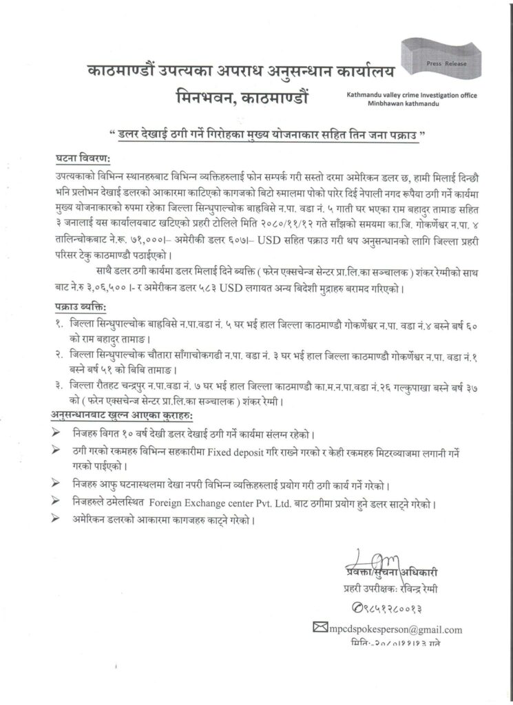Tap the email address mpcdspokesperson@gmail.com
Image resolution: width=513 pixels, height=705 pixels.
tap(396, 629)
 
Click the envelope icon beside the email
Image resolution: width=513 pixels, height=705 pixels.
tap(319, 628)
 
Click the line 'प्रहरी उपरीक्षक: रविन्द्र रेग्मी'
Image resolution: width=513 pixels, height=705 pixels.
tap(390, 589)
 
